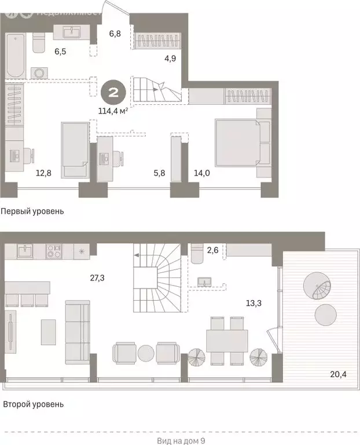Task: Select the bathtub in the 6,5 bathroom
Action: [16, 56]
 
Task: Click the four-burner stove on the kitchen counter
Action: [53, 251]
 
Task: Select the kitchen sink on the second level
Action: [25, 251]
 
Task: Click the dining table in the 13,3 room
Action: [227, 341]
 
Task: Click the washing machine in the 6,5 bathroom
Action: [39, 73]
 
